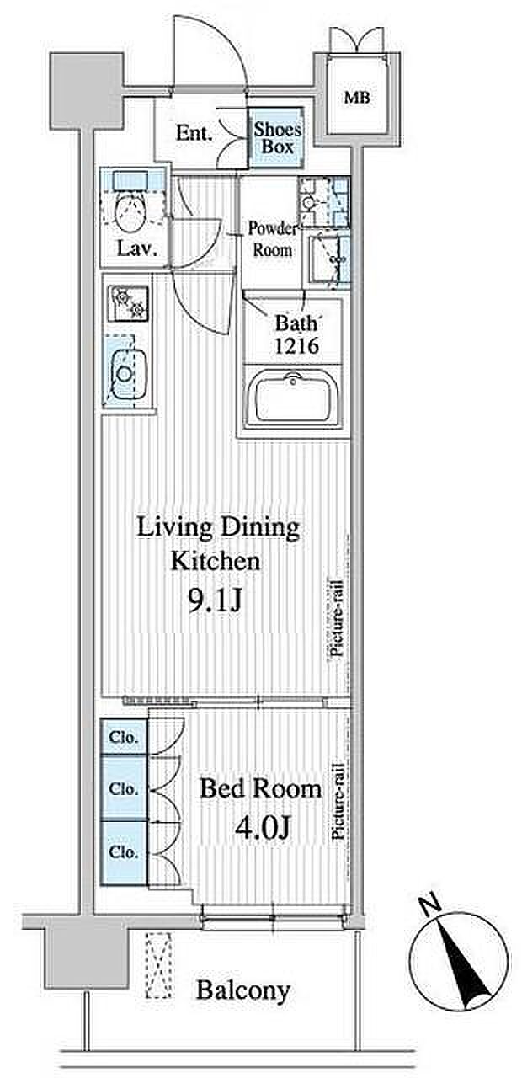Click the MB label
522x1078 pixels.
[357, 98]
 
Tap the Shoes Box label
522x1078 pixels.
[278, 137]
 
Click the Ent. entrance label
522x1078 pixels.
[194, 133]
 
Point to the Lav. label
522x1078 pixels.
[137, 248]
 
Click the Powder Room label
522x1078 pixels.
[273, 239]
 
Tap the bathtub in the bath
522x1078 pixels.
[293, 398]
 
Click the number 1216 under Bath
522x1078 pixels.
[297, 345]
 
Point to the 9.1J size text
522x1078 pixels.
[214, 601]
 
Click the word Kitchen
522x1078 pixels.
[216, 561]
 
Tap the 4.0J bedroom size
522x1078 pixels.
[262, 827]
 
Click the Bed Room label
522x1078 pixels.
[260, 789]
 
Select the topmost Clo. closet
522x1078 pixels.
[124, 736]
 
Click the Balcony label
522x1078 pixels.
[243, 991]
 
